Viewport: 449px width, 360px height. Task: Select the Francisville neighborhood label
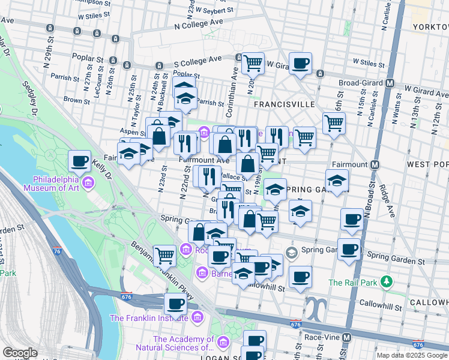(285, 104)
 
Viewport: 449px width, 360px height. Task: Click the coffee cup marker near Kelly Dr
(79, 161)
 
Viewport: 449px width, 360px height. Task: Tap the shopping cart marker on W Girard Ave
(253, 62)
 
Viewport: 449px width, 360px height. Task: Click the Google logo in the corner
(20, 353)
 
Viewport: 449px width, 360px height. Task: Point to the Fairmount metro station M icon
(375, 164)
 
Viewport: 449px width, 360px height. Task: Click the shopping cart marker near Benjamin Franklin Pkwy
(164, 256)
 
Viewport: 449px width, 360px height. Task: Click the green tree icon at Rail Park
(388, 281)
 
